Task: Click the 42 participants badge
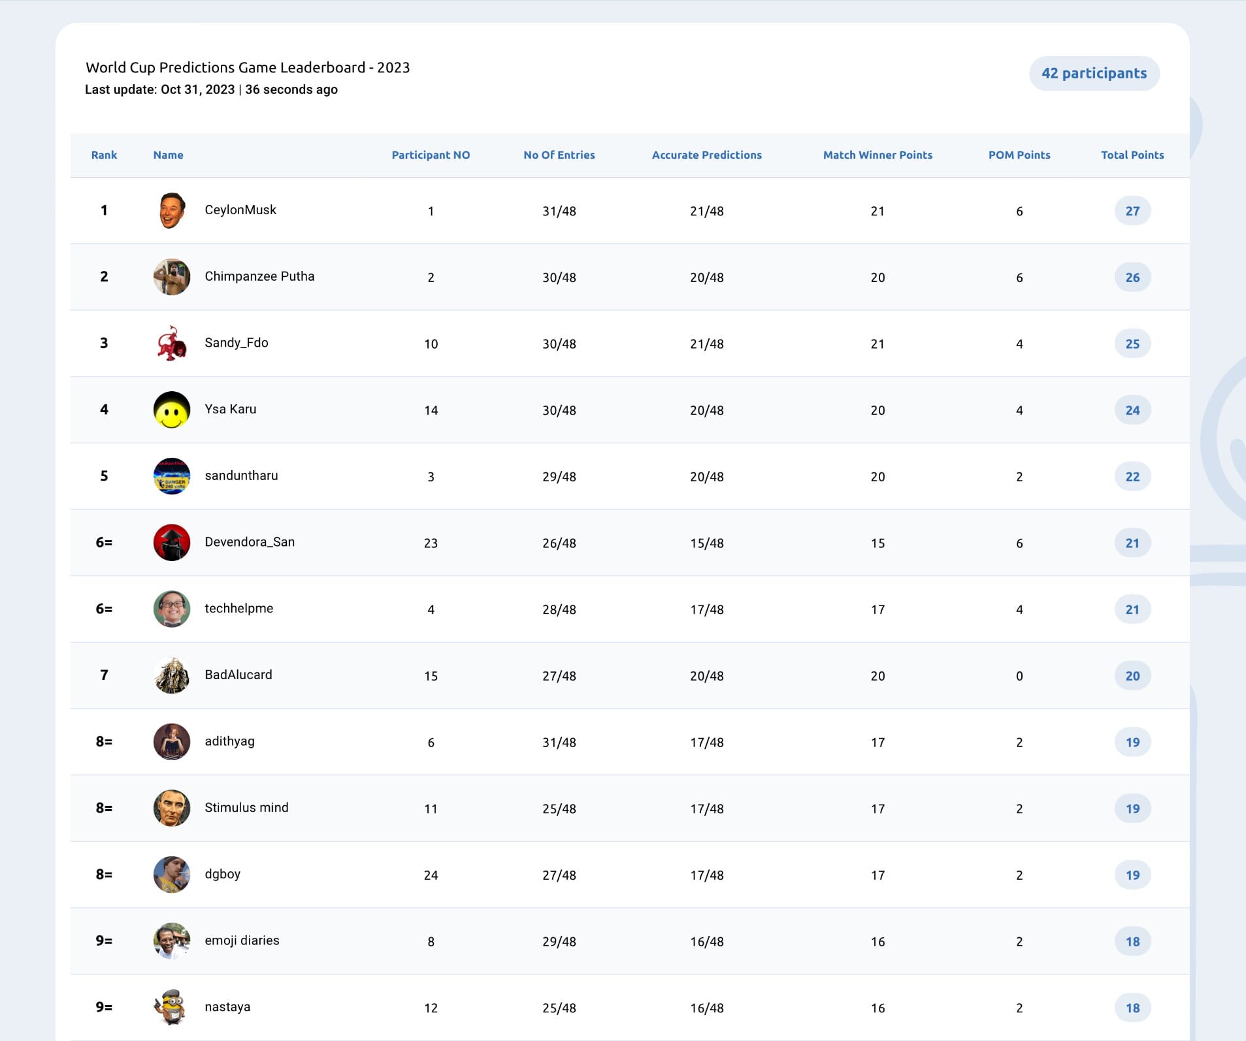pyautogui.click(x=1094, y=73)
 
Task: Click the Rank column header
pyautogui.click(x=104, y=155)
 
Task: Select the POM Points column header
pyautogui.click(x=1019, y=155)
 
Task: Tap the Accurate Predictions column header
pyautogui.click(x=706, y=155)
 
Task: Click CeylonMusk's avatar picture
pyautogui.click(x=172, y=210)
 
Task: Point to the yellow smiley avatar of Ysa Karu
pyautogui.click(x=172, y=409)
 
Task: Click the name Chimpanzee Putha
pyautogui.click(x=259, y=276)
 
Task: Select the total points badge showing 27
pyautogui.click(x=1132, y=211)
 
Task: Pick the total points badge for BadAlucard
pyautogui.click(x=1132, y=676)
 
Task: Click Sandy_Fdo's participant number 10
pyautogui.click(x=431, y=344)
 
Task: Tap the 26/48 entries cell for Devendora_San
pyautogui.click(x=559, y=543)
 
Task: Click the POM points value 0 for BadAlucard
pyautogui.click(x=1019, y=676)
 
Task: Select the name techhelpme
pyautogui.click(x=238, y=608)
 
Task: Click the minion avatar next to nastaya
pyautogui.click(x=172, y=1007)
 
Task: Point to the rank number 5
pyautogui.click(x=104, y=476)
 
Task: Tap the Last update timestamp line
pyautogui.click(x=211, y=89)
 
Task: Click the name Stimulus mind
pyautogui.click(x=246, y=807)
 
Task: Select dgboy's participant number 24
pyautogui.click(x=431, y=875)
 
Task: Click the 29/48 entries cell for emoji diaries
pyautogui.click(x=559, y=942)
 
